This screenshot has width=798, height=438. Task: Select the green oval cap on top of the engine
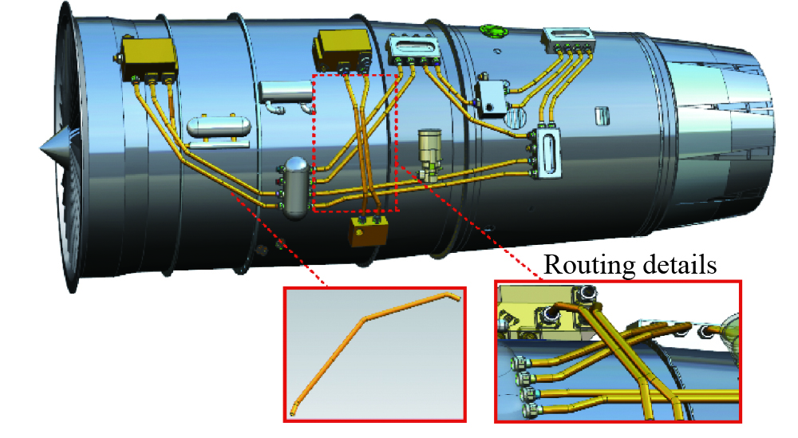[x=494, y=30]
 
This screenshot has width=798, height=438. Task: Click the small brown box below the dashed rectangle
[x=368, y=231]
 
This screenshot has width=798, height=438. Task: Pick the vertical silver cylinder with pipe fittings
[x=296, y=187]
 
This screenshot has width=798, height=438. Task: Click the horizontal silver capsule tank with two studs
[x=219, y=127]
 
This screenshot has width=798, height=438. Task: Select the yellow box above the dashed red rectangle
[x=342, y=49]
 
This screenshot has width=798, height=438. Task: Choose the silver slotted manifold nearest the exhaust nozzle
[x=568, y=40]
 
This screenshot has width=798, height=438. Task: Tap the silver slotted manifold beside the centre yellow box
[x=413, y=49]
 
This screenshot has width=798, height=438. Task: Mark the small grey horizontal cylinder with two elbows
[x=286, y=94]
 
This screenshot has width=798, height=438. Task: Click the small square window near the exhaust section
[x=602, y=116]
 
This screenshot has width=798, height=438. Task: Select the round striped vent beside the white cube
[x=516, y=117]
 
